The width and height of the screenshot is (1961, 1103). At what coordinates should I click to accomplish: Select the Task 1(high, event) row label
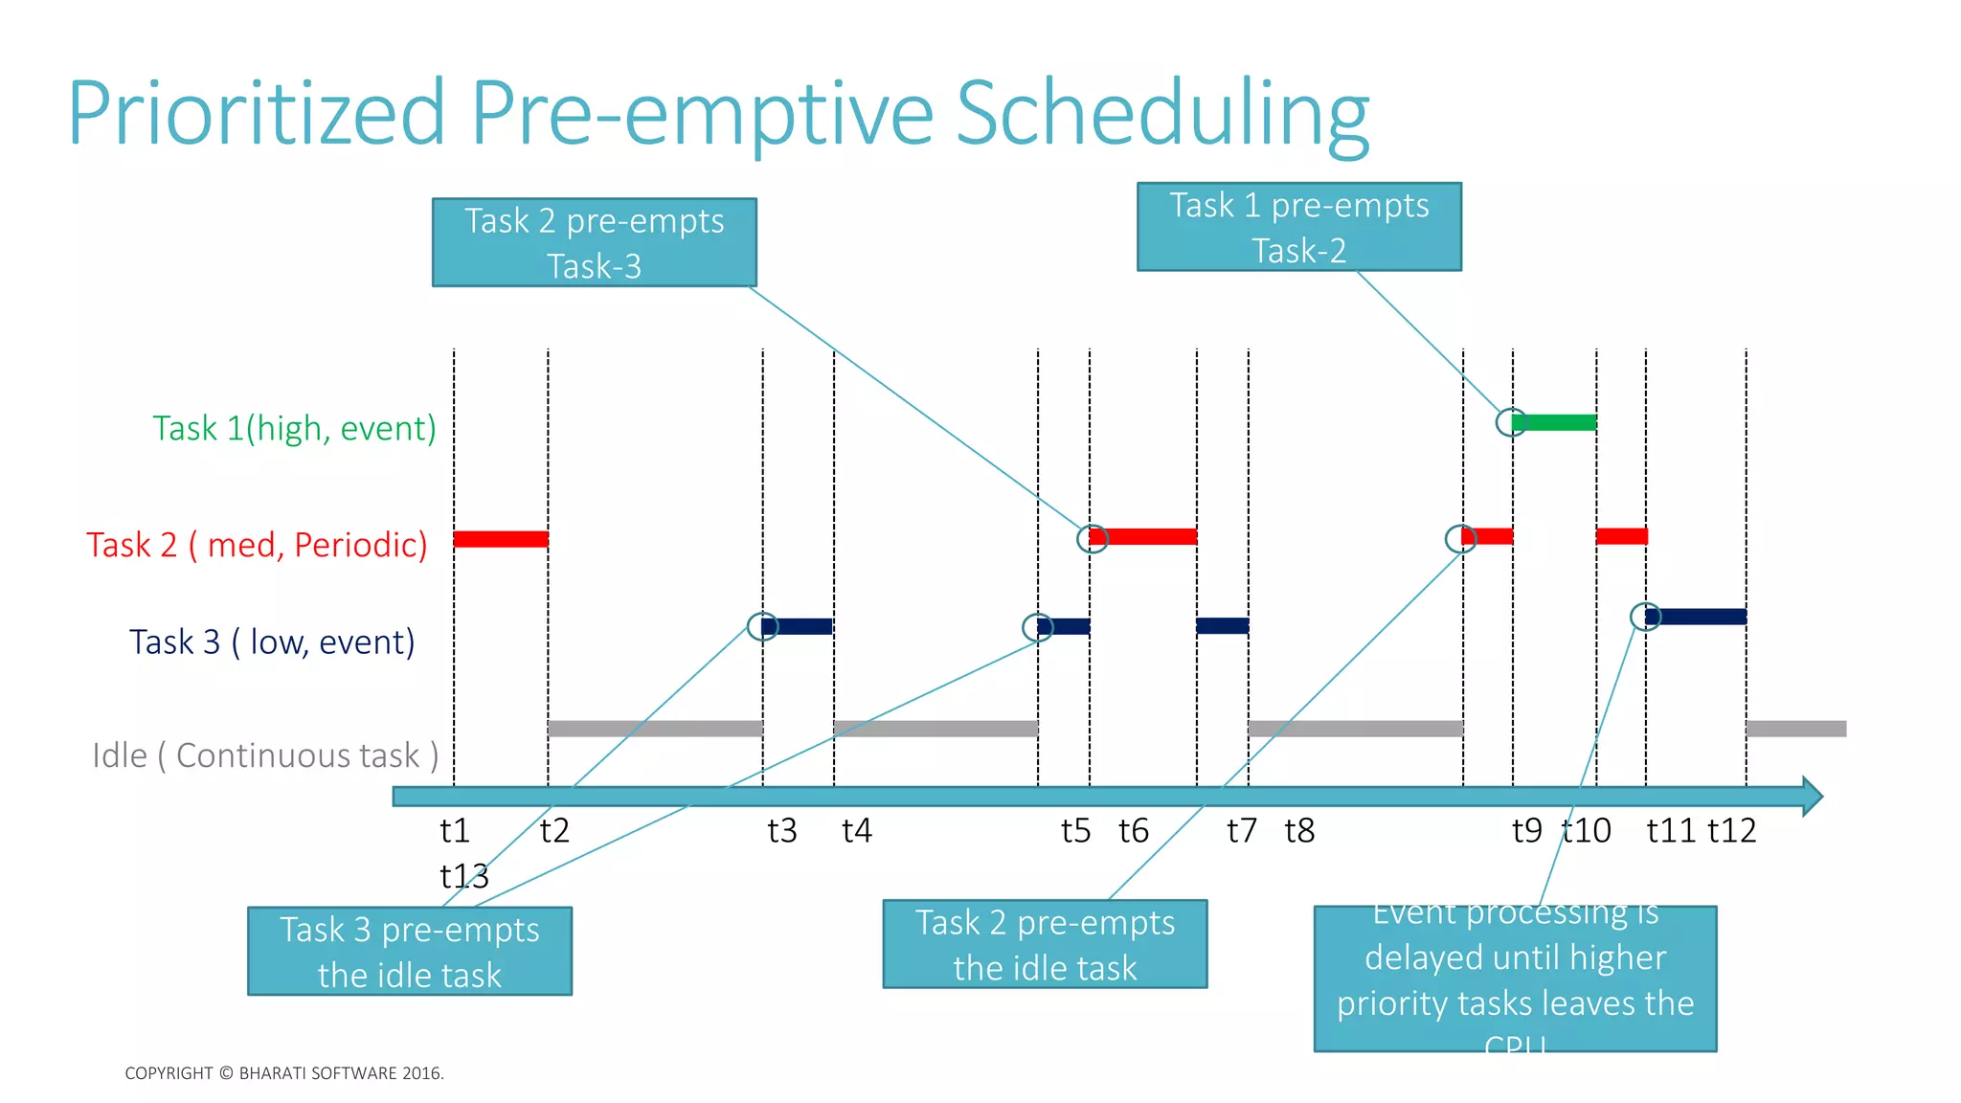coord(294,428)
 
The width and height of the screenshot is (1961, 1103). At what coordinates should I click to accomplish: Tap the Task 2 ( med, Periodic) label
coord(257,545)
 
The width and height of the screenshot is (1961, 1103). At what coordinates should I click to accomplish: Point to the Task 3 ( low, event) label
coord(272,642)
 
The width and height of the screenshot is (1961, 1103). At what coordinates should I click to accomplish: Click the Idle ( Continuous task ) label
coord(265,755)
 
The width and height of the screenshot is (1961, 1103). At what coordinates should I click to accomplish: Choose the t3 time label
coord(782,830)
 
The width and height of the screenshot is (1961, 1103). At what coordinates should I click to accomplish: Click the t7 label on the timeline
coord(1242,830)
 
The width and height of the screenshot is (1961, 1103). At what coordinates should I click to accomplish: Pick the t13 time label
coord(464,876)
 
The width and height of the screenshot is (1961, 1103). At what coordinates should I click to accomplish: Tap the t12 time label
coord(1732,830)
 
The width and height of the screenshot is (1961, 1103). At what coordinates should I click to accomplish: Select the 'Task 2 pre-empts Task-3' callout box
coord(594,242)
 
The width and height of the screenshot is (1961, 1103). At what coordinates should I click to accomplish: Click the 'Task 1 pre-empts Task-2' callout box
coord(1298,227)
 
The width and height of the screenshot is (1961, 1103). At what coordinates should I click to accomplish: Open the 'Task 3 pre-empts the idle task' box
coord(410,951)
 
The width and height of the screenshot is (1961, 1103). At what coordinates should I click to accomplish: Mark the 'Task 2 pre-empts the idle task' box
coord(1045,944)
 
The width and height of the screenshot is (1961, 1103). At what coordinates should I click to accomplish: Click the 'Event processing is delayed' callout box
coord(1515,979)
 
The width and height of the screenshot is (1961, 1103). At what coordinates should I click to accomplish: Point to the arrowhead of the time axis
coord(1812,797)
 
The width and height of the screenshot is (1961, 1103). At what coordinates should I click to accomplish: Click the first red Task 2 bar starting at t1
coord(501,539)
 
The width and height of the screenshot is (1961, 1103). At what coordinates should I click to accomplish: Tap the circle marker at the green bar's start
coord(1511,422)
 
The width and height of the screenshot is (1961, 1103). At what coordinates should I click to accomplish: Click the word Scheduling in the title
coord(1162,113)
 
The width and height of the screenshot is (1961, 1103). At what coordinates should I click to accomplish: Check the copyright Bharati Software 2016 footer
coord(284,1073)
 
